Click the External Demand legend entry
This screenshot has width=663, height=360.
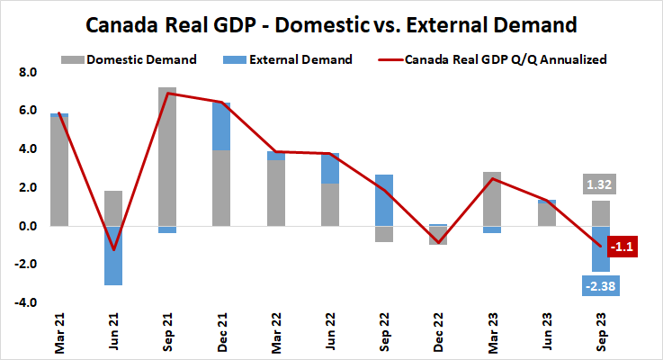(290, 59)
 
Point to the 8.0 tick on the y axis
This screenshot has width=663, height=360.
(26, 72)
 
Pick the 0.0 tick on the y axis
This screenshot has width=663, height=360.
(26, 226)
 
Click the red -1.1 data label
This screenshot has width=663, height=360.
(623, 246)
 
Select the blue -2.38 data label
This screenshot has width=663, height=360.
(600, 285)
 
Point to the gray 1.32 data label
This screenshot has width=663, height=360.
(600, 185)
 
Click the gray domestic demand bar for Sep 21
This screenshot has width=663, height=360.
(166, 157)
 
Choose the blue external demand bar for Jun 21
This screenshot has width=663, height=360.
(112, 256)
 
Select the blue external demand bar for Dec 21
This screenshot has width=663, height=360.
(221, 126)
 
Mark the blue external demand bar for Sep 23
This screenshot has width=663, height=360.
(600, 248)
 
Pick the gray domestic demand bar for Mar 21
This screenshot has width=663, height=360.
(58, 172)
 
